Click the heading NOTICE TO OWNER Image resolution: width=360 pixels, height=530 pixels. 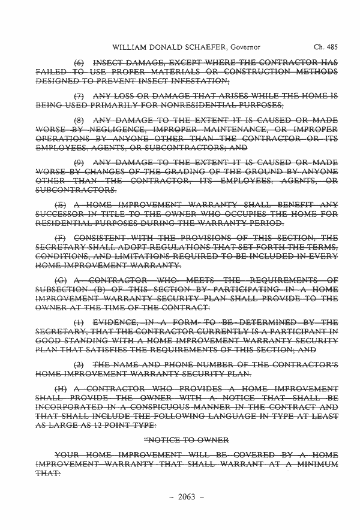click(x=188, y=439)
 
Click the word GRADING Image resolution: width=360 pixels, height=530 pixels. click(x=190, y=172)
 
